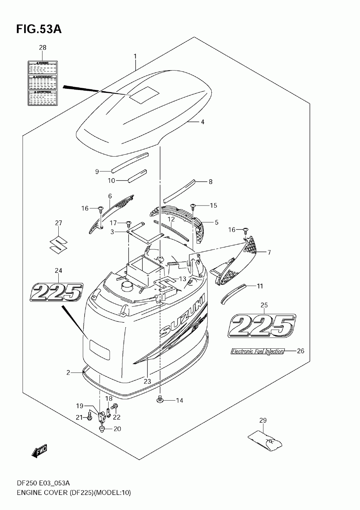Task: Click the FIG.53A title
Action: (39, 29)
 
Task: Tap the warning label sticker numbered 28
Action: (42, 83)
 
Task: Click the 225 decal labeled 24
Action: (57, 292)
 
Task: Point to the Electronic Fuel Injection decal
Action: (257, 351)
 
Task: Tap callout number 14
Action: (179, 400)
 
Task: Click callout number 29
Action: (263, 420)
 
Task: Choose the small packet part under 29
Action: (266, 441)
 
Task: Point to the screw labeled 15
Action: (193, 206)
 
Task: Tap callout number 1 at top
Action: (135, 56)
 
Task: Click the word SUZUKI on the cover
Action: (182, 319)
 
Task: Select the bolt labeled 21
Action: (89, 418)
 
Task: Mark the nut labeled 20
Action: (102, 429)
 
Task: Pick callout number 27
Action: (58, 223)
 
